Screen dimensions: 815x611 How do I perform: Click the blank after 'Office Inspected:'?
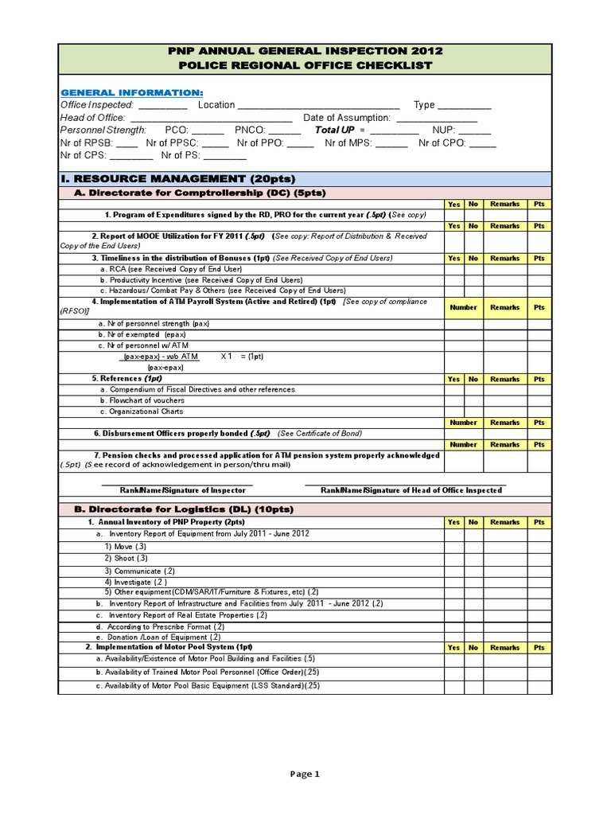[163, 106]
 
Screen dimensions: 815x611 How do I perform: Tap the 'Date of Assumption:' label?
[347, 118]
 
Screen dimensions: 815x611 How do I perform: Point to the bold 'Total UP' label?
[334, 130]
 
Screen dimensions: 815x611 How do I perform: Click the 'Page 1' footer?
[305, 773]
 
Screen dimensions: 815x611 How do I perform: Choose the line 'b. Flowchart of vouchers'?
[142, 400]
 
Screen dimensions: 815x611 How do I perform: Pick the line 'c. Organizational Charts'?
[142, 411]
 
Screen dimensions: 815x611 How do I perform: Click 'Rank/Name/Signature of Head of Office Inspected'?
[411, 490]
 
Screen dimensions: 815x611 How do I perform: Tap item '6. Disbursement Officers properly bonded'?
[181, 433]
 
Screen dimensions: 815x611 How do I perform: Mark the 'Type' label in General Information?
[424, 105]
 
